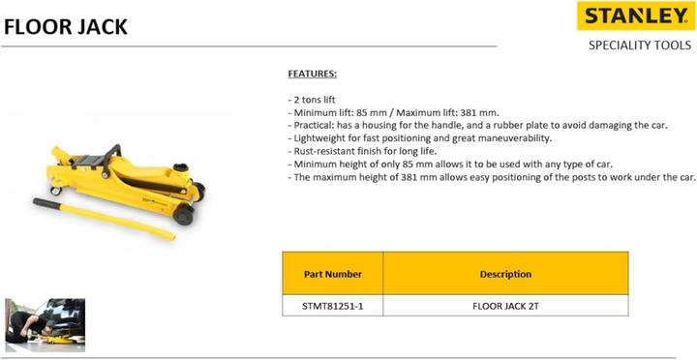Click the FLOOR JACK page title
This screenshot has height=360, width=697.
(66, 25)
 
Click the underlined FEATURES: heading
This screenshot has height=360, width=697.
(312, 74)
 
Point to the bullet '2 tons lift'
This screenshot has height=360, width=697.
(314, 100)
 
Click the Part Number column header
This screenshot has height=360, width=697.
(332, 274)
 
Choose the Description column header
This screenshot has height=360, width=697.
(505, 274)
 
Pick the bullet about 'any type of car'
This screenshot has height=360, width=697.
(451, 165)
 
